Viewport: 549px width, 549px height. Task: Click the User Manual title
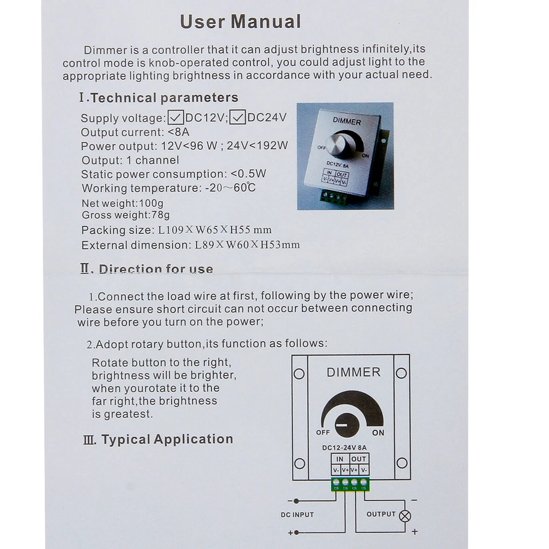(x=240, y=22)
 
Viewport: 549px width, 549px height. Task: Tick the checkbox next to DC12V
(x=176, y=118)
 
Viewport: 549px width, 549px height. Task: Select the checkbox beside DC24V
(x=238, y=118)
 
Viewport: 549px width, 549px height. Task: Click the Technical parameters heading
(x=158, y=98)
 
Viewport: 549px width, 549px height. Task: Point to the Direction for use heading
(x=147, y=269)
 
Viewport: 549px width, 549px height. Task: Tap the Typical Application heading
(x=158, y=439)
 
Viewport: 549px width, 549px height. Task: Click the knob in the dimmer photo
(x=340, y=145)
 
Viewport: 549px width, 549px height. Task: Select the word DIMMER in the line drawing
(x=353, y=372)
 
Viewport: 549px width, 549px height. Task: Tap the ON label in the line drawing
(x=378, y=433)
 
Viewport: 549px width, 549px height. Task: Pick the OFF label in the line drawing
(x=323, y=433)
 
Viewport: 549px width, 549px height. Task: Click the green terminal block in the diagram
(x=350, y=484)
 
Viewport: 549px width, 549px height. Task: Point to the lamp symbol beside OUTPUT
(x=405, y=516)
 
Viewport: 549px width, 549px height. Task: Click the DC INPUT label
(x=297, y=515)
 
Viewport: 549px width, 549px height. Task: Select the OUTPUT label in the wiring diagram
(x=381, y=514)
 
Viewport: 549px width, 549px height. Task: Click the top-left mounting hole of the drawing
(x=299, y=374)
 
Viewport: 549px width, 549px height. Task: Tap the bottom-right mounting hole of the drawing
(x=402, y=463)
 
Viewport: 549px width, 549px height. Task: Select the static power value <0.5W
(x=248, y=174)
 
